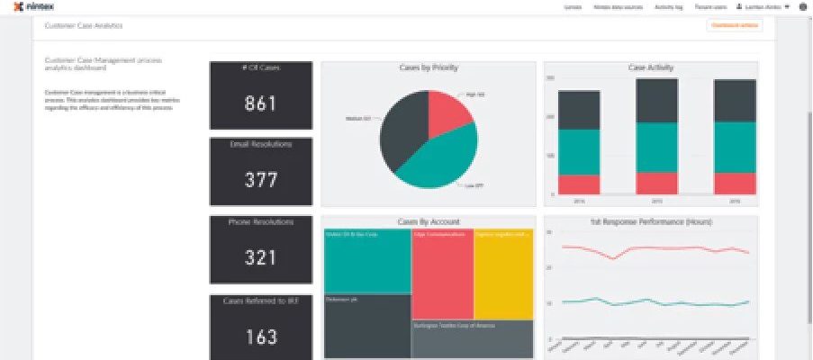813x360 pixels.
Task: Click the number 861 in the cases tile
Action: coord(260,103)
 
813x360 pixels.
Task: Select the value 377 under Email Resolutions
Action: coord(260,180)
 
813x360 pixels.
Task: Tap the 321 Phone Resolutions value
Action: coord(260,258)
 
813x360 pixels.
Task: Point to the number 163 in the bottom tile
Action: coord(260,337)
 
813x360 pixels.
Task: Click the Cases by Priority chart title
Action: coord(429,67)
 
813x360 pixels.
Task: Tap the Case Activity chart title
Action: coord(649,67)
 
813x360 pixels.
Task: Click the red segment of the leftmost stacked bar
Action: coord(579,184)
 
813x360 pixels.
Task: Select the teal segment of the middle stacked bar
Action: coord(656,147)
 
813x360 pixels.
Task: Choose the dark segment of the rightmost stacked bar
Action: coord(735,101)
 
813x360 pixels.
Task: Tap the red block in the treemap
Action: coord(442,274)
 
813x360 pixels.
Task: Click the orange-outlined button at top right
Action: coord(735,25)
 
